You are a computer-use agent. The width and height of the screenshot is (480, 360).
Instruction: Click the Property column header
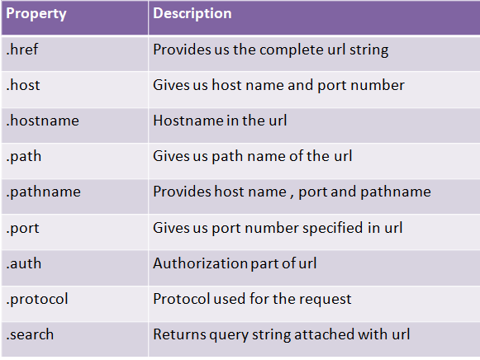click(x=36, y=14)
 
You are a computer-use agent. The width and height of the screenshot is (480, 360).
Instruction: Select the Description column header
click(x=192, y=13)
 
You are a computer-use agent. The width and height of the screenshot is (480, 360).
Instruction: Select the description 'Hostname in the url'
click(x=220, y=121)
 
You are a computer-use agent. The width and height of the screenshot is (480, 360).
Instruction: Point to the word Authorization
click(x=200, y=263)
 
